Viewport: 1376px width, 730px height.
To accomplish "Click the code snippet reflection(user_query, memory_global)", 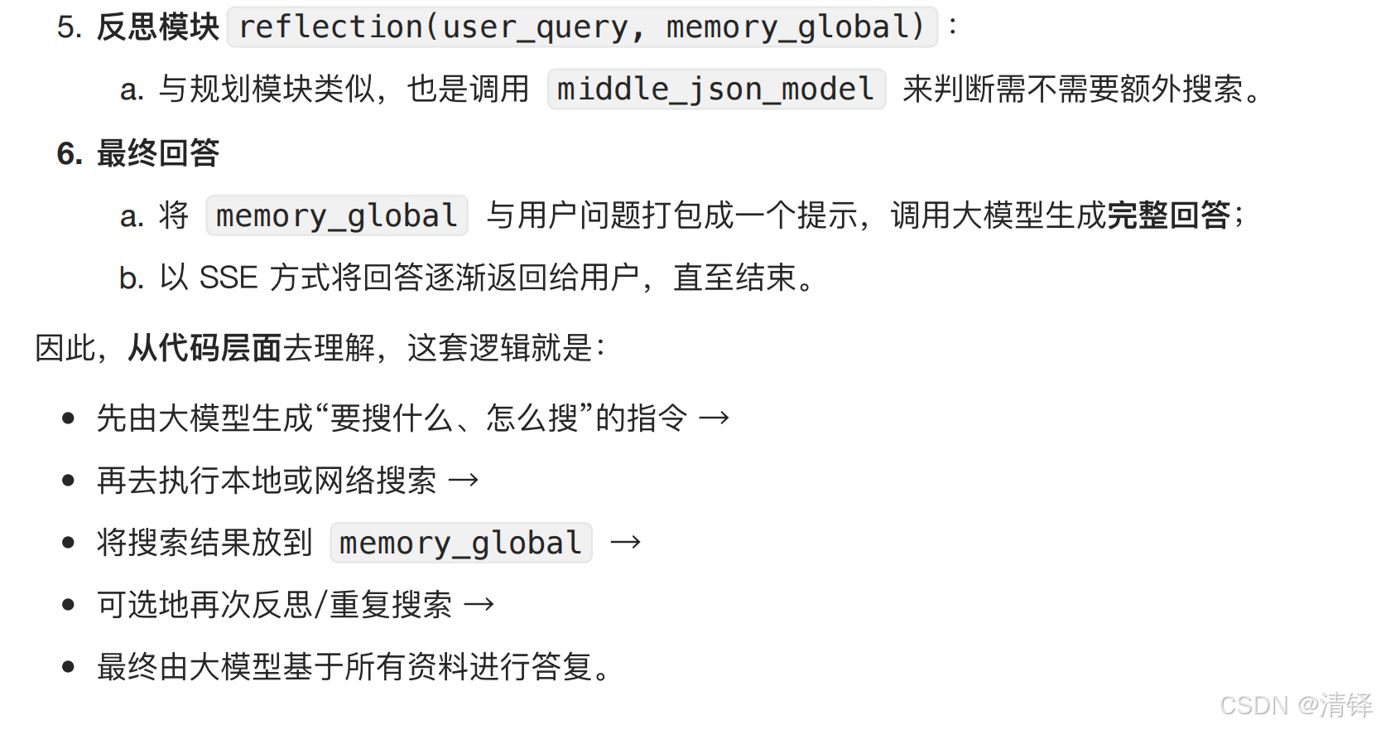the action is (581, 27).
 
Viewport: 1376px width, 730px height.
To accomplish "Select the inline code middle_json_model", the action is (716, 89).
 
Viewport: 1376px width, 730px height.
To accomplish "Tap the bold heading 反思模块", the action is (157, 27).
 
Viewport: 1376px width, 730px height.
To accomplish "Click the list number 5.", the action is (69, 27).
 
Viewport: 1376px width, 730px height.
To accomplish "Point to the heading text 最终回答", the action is (157, 153).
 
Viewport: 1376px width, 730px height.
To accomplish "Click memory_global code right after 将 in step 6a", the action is (336, 216).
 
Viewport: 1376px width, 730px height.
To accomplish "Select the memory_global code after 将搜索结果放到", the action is (460, 544).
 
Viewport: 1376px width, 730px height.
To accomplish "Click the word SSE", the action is (229, 278).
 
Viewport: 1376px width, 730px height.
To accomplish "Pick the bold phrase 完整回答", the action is (1167, 215).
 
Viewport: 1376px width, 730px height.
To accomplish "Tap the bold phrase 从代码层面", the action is (204, 348).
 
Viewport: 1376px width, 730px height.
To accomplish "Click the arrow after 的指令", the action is (714, 418).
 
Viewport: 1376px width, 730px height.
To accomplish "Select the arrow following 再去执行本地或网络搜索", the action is (463, 481).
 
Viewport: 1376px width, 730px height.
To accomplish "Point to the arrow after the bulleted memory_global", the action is (625, 543).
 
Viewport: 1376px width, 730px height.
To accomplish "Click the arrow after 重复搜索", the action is (479, 605).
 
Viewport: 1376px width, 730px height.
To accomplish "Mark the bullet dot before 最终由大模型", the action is (69, 667).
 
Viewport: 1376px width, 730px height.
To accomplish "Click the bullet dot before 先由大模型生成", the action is (69, 418).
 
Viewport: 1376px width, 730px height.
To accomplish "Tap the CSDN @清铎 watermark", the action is (1295, 705).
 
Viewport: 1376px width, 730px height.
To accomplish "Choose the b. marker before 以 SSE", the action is (131, 278).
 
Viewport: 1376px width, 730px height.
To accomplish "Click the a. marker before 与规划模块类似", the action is (131, 89).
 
